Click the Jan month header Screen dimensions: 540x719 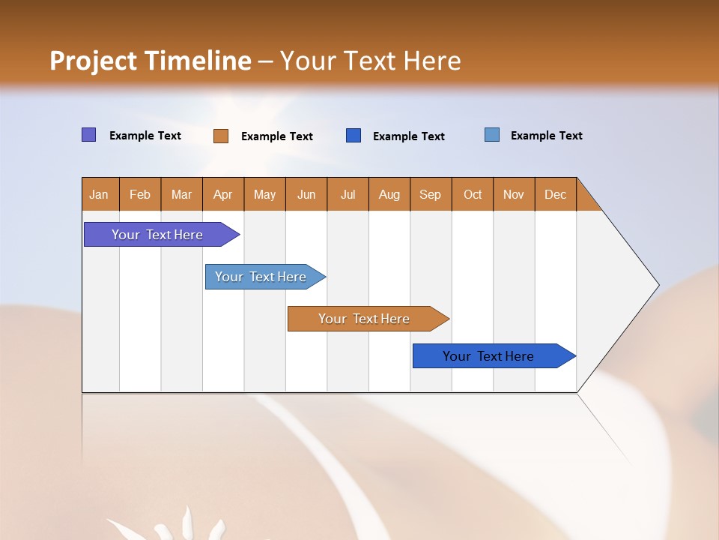click(x=100, y=194)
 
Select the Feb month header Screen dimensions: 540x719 click(x=140, y=194)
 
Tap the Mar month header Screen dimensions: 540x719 click(x=181, y=194)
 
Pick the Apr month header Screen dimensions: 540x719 click(x=223, y=194)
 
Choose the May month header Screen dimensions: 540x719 click(x=264, y=194)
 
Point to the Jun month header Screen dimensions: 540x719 click(x=306, y=194)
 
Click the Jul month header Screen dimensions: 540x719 click(x=348, y=194)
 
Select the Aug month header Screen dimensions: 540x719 click(x=389, y=194)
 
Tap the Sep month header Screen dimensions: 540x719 click(x=431, y=194)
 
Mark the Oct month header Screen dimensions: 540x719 click(x=473, y=194)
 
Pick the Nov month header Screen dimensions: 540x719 click(x=514, y=194)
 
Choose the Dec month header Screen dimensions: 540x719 click(x=556, y=194)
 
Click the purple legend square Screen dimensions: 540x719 click(x=89, y=135)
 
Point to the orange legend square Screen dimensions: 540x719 click(x=221, y=136)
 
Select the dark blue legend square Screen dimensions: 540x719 click(x=354, y=136)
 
